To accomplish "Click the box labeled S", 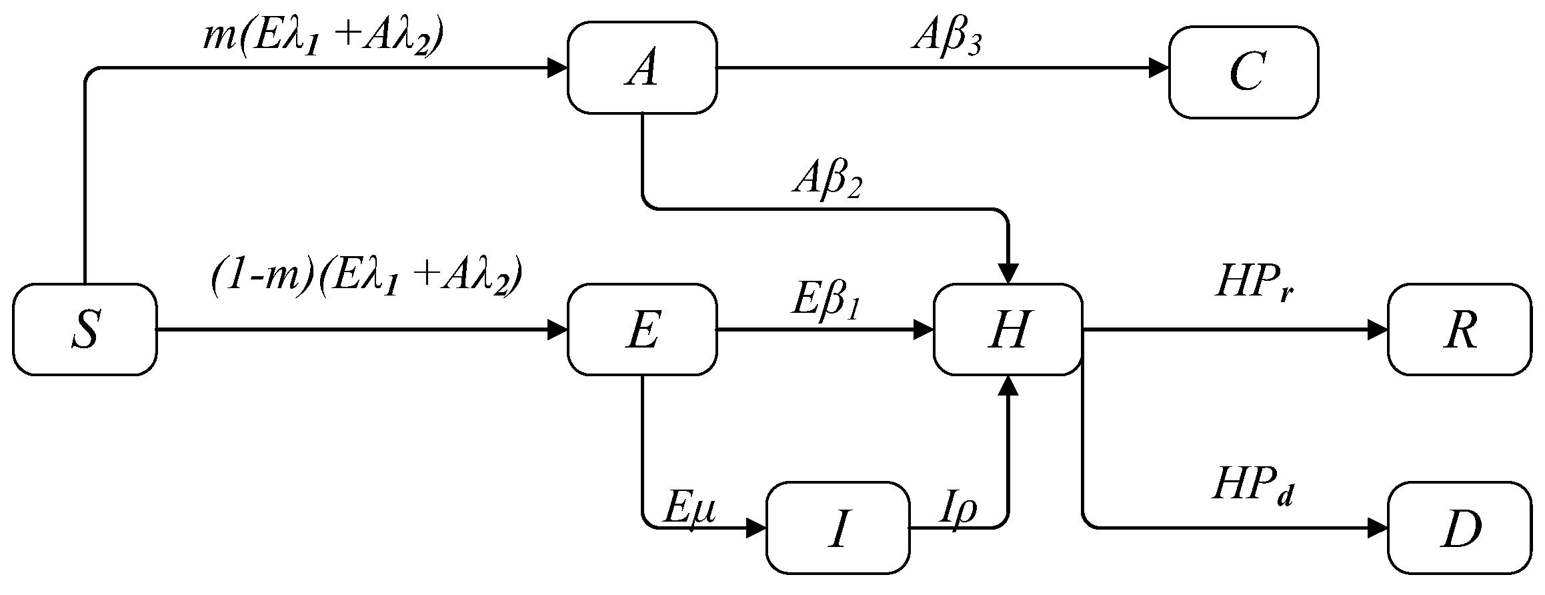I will (85, 330).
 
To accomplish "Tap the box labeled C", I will (1244, 72).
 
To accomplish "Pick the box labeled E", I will (642, 330).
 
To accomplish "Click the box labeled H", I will (1008, 330).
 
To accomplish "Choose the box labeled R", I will (1460, 330).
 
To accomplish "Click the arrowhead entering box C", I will (1159, 68).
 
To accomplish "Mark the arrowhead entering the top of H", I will (1008, 273).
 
